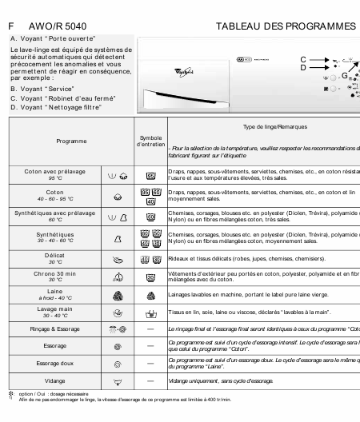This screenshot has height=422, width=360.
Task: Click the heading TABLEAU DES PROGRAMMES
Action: tap(286, 26)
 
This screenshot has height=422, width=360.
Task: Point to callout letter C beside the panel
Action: tap(303, 59)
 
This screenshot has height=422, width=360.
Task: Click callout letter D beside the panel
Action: tap(303, 68)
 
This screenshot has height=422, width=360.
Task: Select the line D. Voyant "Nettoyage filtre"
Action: tap(58, 106)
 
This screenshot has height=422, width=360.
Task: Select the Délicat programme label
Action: tap(55, 257)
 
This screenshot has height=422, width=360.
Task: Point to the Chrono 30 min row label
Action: tap(55, 275)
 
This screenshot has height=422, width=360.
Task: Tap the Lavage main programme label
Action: tap(55, 310)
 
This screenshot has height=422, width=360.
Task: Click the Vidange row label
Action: tap(55, 381)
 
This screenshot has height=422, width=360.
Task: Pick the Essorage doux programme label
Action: tap(55, 363)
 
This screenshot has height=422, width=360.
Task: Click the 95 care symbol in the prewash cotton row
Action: tap(150, 174)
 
